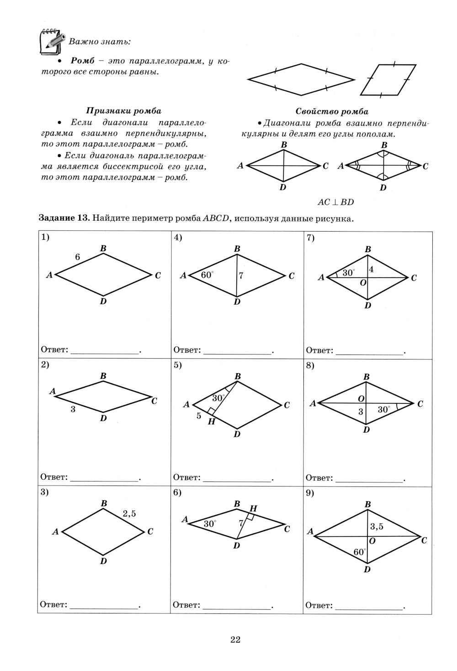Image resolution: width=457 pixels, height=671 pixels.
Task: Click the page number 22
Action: click(x=235, y=639)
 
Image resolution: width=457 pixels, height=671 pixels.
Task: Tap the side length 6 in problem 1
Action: click(x=78, y=257)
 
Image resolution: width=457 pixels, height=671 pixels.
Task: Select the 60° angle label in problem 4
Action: click(x=207, y=275)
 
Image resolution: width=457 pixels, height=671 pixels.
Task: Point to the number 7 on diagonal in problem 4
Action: click(x=241, y=275)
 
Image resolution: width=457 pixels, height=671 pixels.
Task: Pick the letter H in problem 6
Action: click(x=253, y=508)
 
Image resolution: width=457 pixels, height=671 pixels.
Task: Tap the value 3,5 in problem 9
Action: click(x=377, y=527)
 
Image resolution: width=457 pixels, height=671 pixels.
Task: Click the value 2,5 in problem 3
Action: click(x=129, y=513)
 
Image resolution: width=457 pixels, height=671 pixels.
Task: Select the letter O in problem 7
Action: click(x=363, y=283)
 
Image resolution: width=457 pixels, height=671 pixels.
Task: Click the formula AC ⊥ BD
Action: click(x=336, y=202)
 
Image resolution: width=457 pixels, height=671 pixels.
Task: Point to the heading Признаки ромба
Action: click(x=124, y=111)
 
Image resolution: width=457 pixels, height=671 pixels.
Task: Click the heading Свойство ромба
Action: click(x=332, y=111)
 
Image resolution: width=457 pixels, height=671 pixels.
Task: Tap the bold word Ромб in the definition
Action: click(x=83, y=61)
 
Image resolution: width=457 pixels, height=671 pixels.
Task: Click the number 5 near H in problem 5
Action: click(x=199, y=416)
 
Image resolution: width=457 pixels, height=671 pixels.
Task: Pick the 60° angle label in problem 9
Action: click(x=360, y=552)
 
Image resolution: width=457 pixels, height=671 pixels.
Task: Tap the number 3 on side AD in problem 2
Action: click(x=73, y=409)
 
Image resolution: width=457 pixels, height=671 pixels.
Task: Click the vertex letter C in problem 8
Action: click(x=420, y=404)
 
